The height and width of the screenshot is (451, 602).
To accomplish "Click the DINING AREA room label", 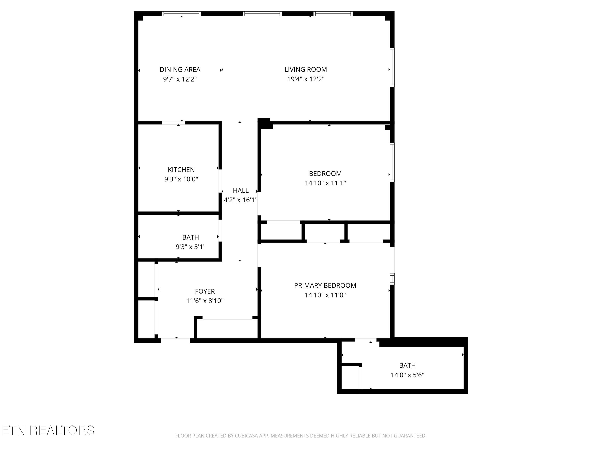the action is point(180,70).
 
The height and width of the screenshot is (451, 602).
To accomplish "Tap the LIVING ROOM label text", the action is point(306,70).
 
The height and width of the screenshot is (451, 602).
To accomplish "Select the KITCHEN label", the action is point(181,170).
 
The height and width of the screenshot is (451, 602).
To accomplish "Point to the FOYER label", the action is point(205,291).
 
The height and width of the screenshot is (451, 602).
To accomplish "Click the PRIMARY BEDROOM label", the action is point(325,285).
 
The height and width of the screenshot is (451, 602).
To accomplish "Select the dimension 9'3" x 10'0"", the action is point(181,179).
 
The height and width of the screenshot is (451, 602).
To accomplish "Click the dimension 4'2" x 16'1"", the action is point(241,200).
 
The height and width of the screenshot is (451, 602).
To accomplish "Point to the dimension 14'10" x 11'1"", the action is point(325,183).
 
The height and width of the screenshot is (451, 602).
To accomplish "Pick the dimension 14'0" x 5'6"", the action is point(407,375).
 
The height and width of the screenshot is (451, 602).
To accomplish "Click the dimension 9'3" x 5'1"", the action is point(190,247).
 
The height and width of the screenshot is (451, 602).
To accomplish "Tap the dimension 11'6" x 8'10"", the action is point(205,301).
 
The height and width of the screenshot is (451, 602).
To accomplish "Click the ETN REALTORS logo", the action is point(48,430).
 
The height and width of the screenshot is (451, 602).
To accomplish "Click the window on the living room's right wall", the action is point(392,67).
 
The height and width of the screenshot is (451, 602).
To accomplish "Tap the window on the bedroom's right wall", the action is point(392,162).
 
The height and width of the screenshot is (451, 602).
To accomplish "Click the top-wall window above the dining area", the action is point(181,14).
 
